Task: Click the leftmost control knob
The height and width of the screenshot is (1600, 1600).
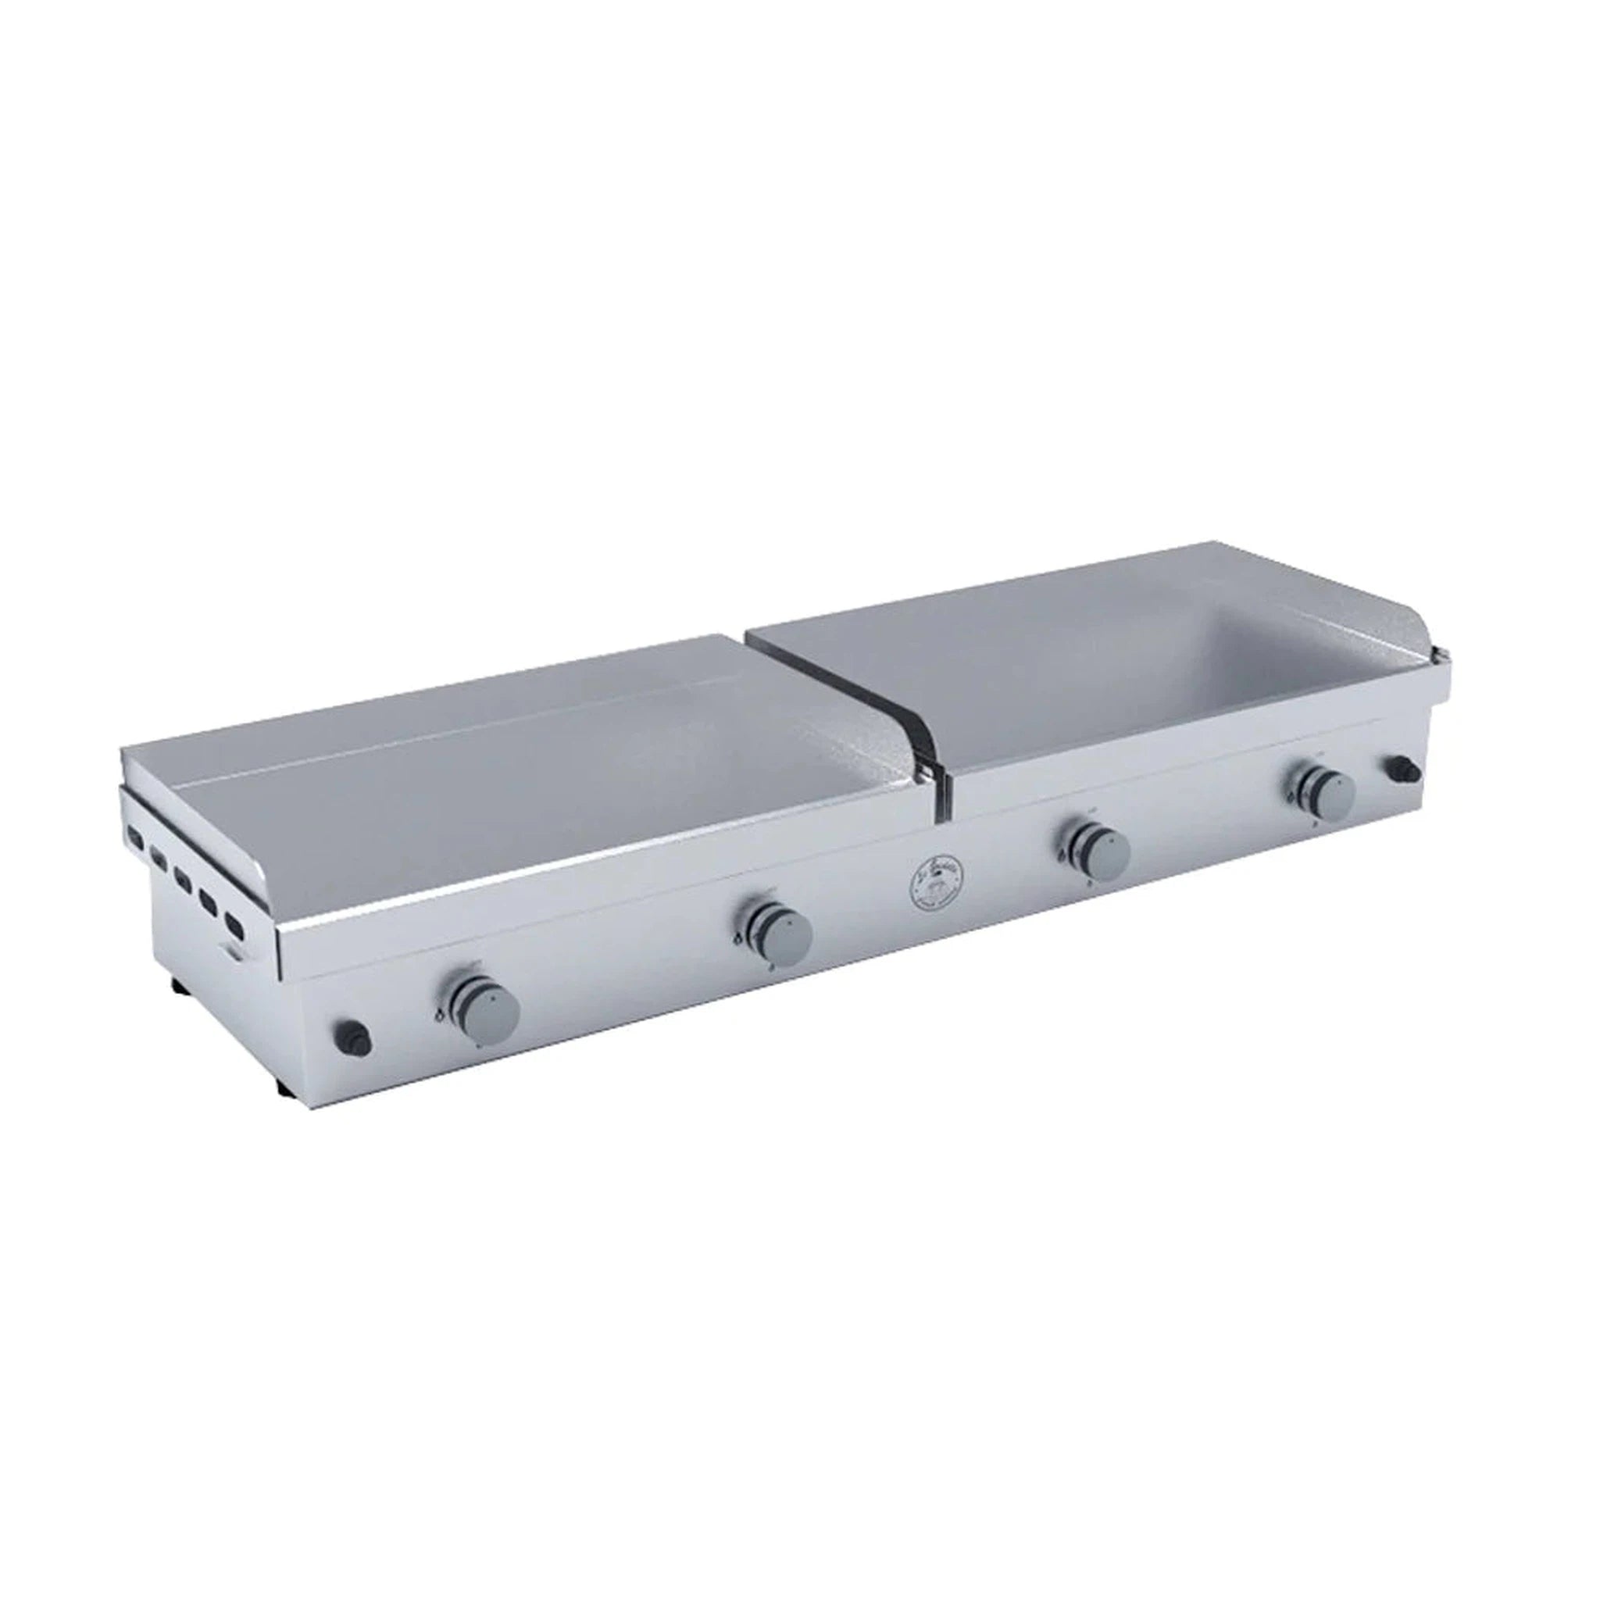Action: (491, 1006)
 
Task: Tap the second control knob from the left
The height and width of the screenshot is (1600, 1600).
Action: (782, 934)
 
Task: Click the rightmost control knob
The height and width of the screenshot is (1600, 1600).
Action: (1327, 792)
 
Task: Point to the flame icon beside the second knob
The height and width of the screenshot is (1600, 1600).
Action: (734, 939)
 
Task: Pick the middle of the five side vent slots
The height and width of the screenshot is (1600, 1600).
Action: (183, 877)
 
